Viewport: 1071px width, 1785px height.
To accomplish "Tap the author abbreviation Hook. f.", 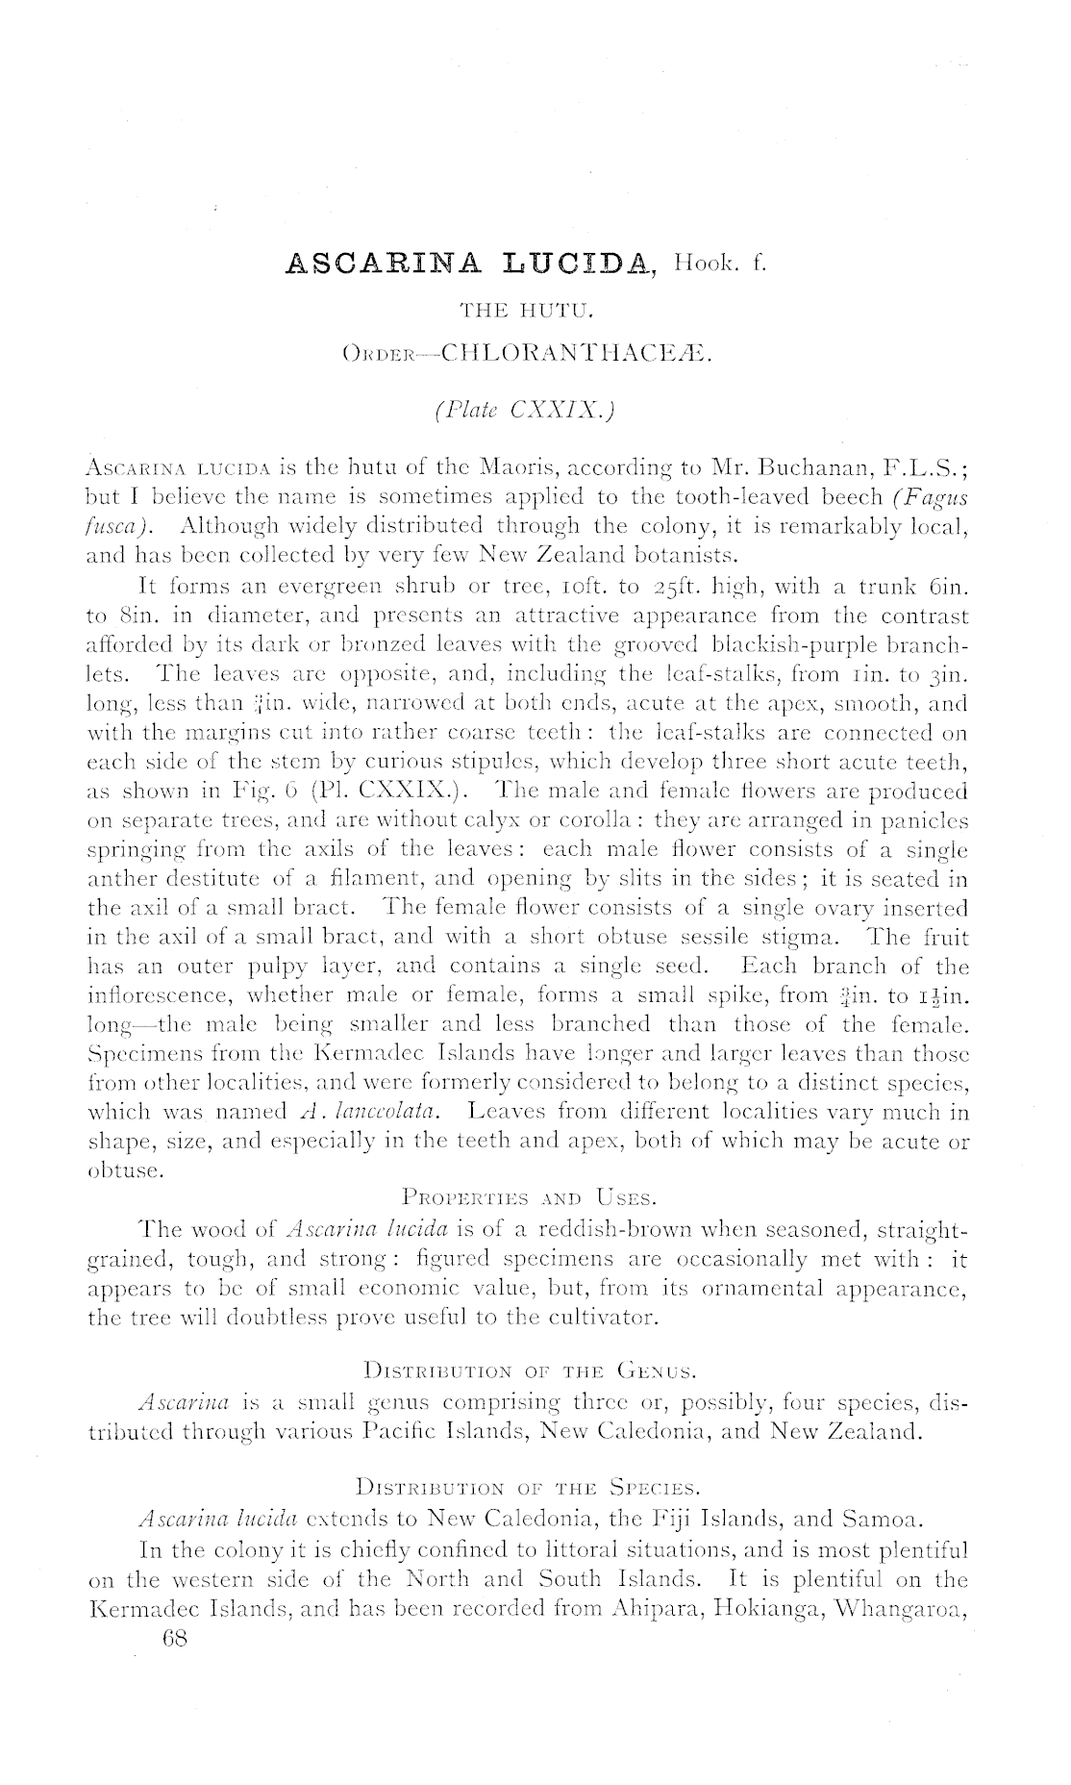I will (720, 262).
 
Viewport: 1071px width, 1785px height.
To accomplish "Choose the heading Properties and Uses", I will (530, 1198).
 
